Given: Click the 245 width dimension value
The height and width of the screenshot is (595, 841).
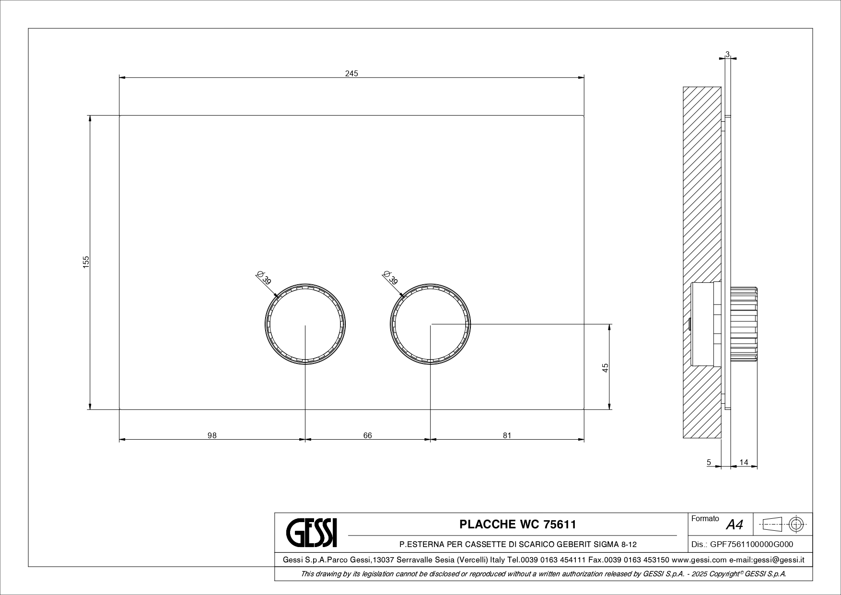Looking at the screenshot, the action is coord(351,73).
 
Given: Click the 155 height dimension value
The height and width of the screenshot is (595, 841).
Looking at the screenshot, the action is coord(86,262).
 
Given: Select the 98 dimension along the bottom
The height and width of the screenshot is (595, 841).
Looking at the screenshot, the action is coord(212,435).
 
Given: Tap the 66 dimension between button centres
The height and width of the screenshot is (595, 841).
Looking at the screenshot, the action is coord(367,435).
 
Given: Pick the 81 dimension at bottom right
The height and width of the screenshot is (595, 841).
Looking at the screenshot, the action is coord(507,435).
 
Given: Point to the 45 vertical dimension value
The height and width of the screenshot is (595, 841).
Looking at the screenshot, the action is coord(606,368).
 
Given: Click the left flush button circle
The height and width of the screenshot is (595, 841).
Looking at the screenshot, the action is coord(305,324).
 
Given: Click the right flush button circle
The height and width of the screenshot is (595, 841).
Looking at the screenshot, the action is coord(431,324).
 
